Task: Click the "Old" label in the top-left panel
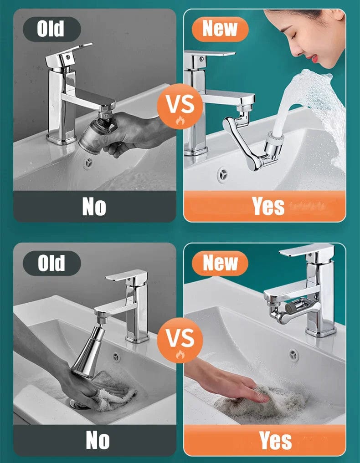(x=51, y=30)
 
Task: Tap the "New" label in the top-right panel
(x=221, y=29)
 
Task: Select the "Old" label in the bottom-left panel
(x=51, y=263)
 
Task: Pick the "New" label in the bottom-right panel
(x=221, y=263)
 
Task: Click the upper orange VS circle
(x=179, y=106)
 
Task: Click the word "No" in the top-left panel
(x=94, y=207)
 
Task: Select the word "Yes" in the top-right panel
(x=268, y=206)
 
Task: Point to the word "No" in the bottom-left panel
(x=98, y=440)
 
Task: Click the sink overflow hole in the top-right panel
(x=222, y=174)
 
